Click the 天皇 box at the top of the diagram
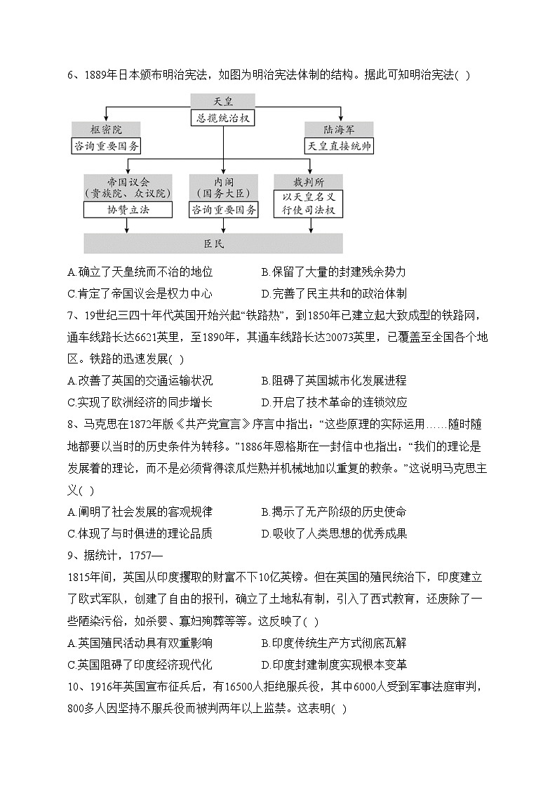tap(223, 102)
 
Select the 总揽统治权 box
tap(223, 118)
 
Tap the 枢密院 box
tap(106, 130)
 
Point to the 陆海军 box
tap(339, 130)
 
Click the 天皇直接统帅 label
tap(339, 146)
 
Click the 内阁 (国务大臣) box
tap(223, 187)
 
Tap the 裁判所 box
tap(309, 182)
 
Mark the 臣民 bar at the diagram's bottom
tap(213, 243)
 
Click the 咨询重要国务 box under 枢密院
tap(106, 146)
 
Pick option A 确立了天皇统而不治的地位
tap(140, 272)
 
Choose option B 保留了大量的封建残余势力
tap(333, 272)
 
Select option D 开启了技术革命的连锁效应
tap(334, 403)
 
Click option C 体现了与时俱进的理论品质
tap(140, 533)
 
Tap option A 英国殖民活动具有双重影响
tap(140, 643)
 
